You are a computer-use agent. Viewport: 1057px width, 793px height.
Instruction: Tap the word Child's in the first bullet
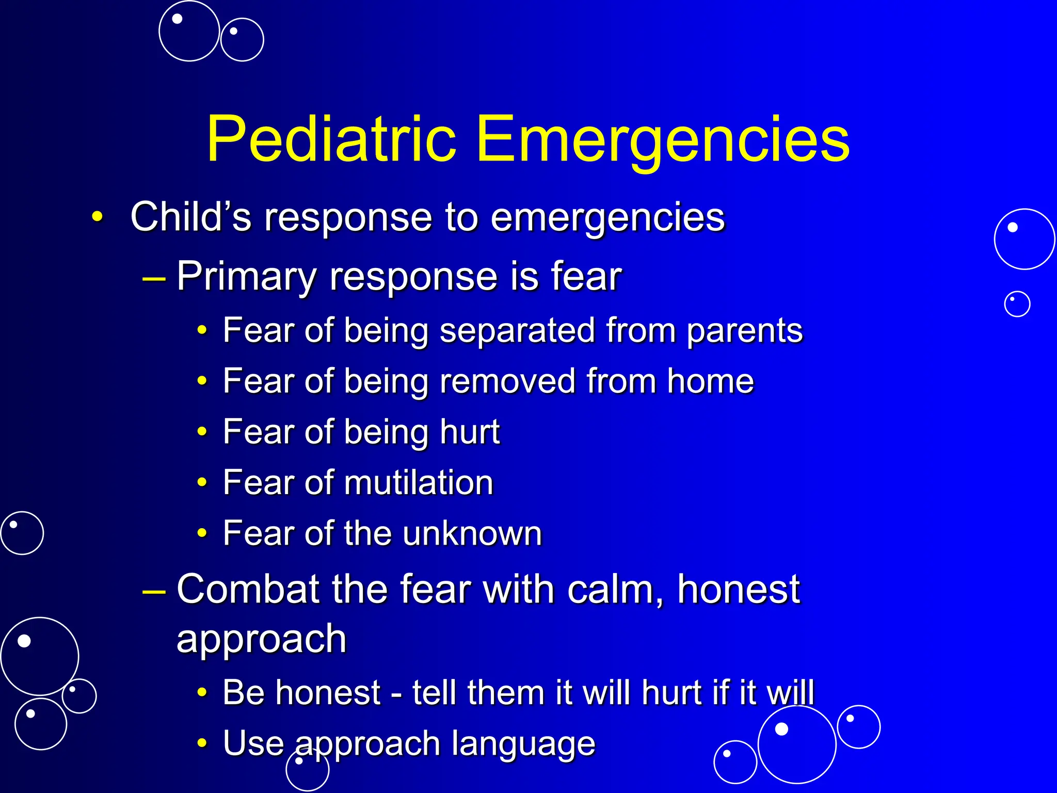click(190, 217)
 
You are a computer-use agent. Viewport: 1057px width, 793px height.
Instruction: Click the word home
click(710, 382)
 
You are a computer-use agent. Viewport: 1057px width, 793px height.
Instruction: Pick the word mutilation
click(419, 483)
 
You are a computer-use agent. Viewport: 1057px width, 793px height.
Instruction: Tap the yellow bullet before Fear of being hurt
click(202, 432)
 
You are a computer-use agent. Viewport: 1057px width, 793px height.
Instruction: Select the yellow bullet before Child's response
click(97, 217)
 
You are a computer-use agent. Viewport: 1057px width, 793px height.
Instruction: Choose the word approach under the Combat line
click(261, 639)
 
